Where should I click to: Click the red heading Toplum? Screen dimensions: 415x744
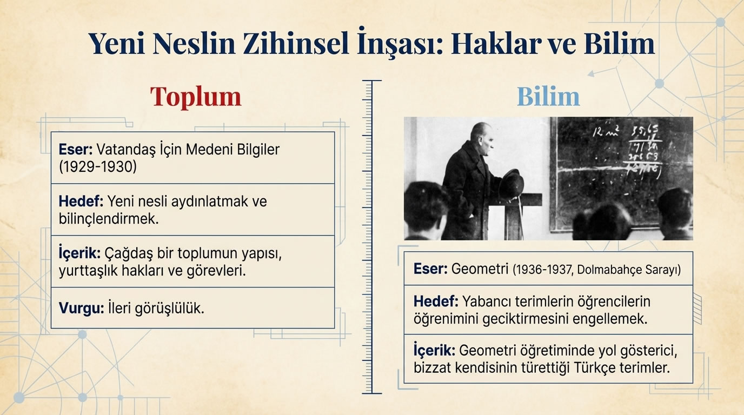click(x=196, y=97)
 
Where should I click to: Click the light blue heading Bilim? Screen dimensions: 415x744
click(x=548, y=97)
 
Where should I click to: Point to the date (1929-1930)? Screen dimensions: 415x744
click(x=98, y=166)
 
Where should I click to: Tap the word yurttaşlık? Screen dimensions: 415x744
click(x=88, y=270)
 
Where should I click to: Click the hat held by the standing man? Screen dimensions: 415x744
click(x=511, y=184)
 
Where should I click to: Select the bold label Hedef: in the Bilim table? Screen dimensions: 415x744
click(x=436, y=301)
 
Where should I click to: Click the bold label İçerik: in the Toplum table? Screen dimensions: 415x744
click(x=79, y=253)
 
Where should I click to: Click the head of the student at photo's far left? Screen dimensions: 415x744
click(x=425, y=205)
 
